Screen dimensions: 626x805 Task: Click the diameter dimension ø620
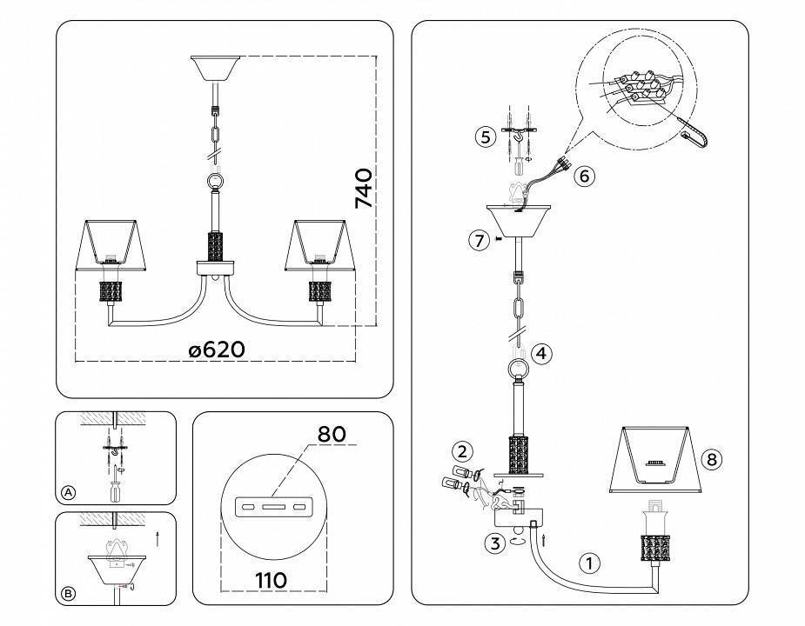coord(217,350)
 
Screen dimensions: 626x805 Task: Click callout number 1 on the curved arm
coord(589,563)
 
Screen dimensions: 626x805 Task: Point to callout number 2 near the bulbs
coord(463,451)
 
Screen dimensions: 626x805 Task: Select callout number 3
coord(494,544)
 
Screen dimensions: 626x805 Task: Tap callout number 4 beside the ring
coord(541,353)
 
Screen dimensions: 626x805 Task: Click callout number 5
coord(486,137)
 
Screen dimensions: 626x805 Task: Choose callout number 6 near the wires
coord(584,176)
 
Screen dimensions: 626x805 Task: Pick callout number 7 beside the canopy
coord(477,241)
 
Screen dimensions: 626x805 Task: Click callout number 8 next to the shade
coord(712,460)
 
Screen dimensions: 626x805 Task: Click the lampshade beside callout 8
coord(659,459)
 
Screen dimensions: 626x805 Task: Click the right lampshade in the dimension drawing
coord(322,246)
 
